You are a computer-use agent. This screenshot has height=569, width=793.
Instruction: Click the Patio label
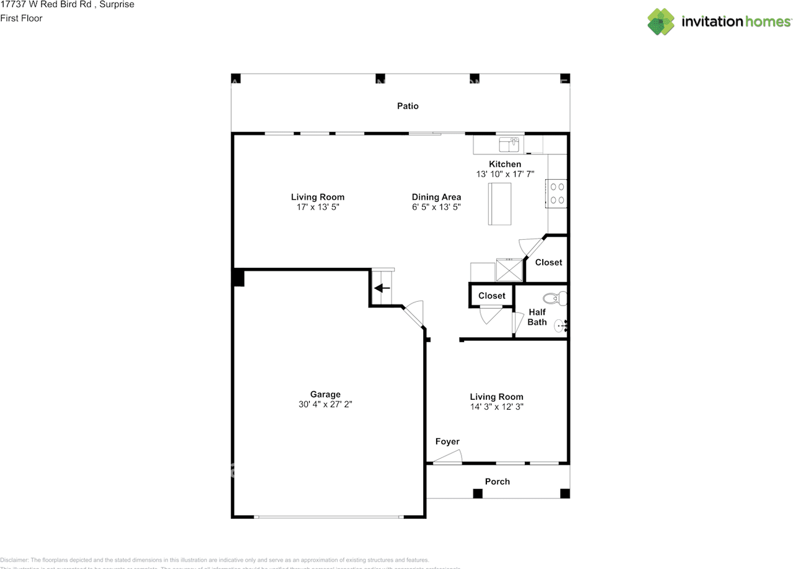click(408, 106)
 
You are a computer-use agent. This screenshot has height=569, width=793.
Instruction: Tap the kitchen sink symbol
click(510, 144)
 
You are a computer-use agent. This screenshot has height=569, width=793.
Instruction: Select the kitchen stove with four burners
click(557, 193)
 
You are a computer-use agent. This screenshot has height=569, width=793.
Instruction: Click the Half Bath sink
click(561, 324)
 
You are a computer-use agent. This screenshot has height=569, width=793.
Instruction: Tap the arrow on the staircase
click(382, 288)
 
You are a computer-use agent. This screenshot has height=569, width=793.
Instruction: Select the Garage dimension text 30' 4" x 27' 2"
click(325, 404)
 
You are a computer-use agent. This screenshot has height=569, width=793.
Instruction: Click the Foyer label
click(447, 441)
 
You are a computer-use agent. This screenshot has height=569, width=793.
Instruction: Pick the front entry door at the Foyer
click(447, 459)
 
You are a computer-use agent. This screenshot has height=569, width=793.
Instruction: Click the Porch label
click(497, 482)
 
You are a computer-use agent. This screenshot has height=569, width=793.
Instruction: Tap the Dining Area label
click(436, 197)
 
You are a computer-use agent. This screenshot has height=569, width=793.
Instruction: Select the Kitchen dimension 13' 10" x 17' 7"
click(505, 174)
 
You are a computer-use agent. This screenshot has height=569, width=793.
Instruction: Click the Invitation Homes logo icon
click(661, 22)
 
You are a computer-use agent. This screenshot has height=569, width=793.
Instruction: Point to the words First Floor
click(21, 18)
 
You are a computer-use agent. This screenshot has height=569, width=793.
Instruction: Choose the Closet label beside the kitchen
click(548, 262)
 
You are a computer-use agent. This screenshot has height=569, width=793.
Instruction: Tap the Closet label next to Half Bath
click(491, 296)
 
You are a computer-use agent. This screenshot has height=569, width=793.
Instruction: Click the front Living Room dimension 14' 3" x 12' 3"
click(496, 407)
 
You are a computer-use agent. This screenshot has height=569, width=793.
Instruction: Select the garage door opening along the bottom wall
click(328, 516)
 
